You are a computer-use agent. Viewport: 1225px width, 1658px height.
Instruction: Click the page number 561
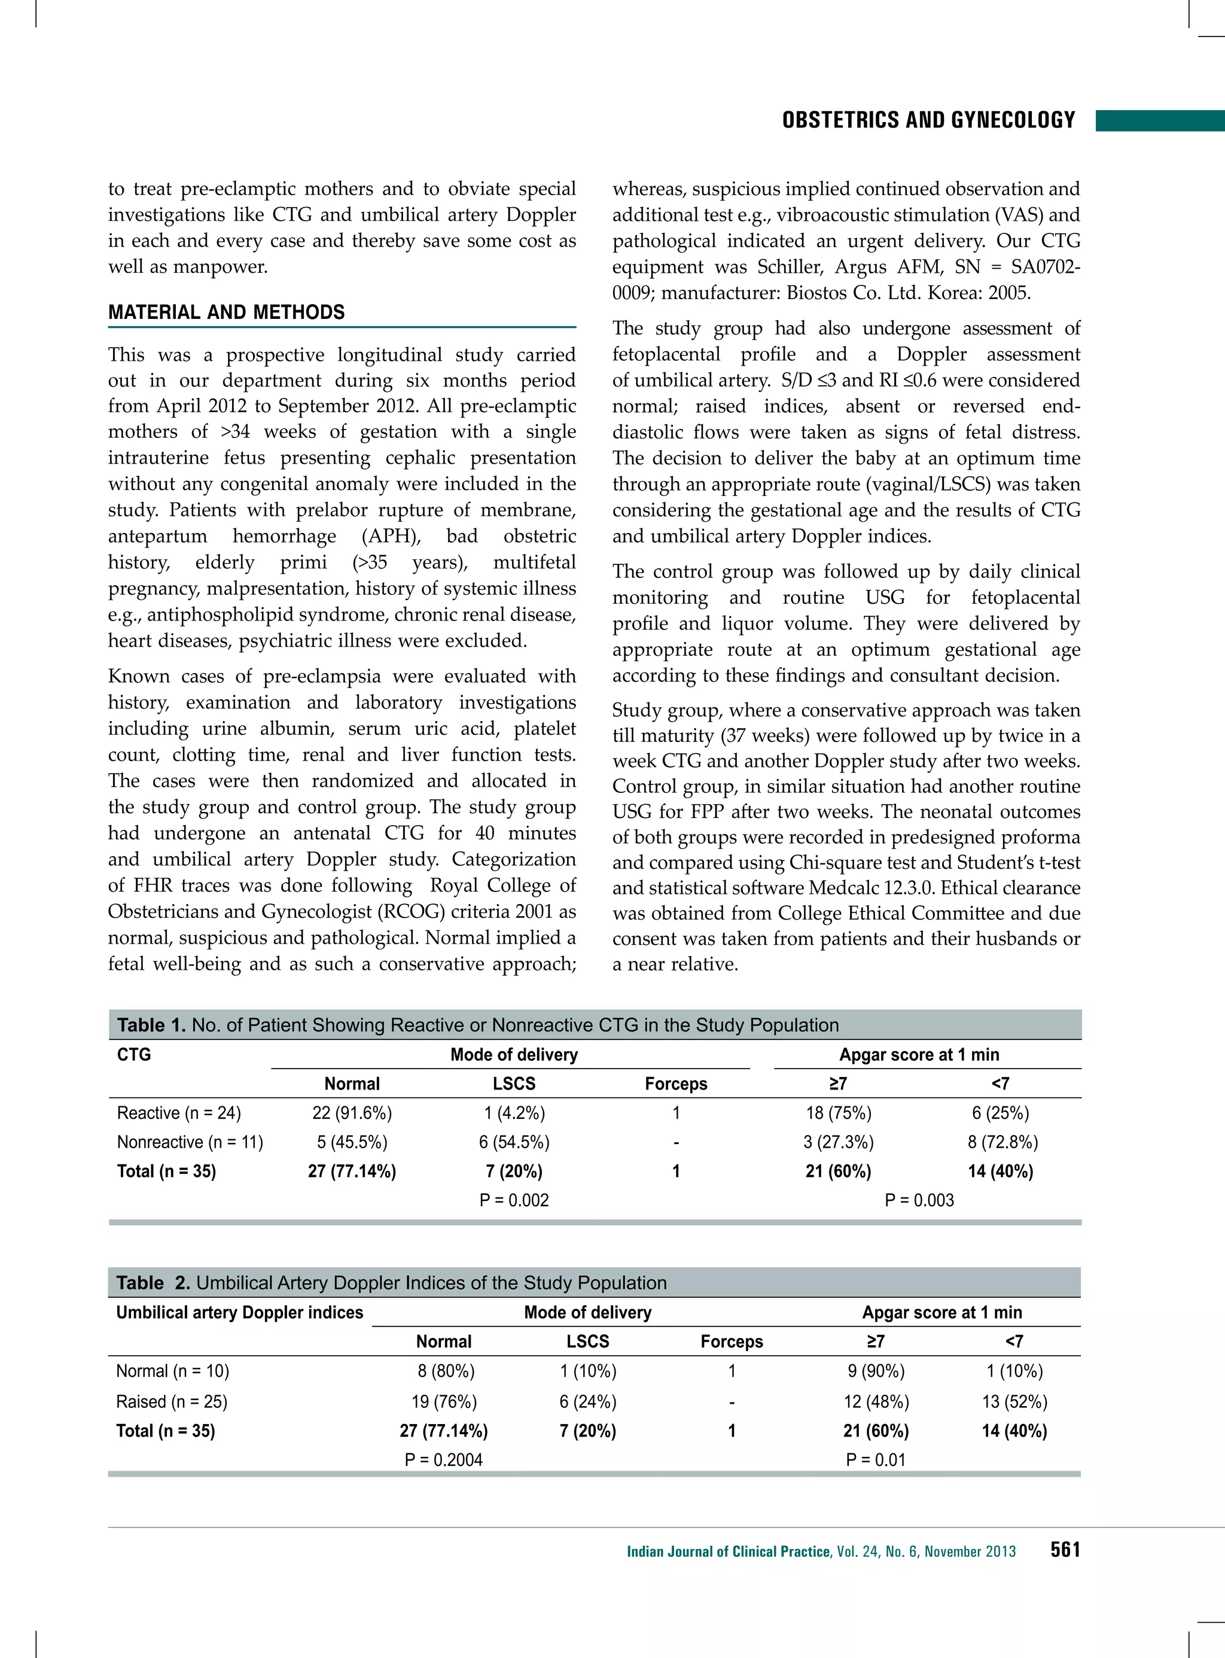1065,1550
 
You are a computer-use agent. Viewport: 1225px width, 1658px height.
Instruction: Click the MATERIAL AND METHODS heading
226,312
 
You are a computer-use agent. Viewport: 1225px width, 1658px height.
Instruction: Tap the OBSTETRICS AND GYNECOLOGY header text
928,120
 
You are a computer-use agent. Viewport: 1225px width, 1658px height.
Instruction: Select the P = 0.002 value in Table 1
514,1200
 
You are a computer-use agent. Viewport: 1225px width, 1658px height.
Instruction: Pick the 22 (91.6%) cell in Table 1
352,1113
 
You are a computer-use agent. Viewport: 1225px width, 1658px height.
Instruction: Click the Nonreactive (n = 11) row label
190,1142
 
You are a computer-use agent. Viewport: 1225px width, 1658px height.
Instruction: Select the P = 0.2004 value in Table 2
443,1460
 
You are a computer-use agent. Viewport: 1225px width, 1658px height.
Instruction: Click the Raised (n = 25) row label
171,1401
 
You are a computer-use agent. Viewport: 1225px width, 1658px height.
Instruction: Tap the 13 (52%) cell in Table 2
1014,1401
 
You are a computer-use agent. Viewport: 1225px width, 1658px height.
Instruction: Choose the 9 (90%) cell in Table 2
876,1371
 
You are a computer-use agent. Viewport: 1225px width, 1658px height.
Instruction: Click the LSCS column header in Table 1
514,1084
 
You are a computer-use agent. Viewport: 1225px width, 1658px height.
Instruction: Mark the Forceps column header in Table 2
731,1341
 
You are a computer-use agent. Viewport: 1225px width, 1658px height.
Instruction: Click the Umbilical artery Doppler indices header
239,1312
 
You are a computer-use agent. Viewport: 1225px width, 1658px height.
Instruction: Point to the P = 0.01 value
876,1460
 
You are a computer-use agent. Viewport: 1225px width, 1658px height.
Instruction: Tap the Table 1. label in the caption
151,1025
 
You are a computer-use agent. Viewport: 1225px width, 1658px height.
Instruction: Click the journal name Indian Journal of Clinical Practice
728,1551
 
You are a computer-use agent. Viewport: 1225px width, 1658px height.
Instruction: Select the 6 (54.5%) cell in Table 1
514,1142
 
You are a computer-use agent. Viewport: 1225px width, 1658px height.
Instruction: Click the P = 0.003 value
919,1200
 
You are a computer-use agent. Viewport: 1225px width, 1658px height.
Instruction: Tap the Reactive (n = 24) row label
179,1113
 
